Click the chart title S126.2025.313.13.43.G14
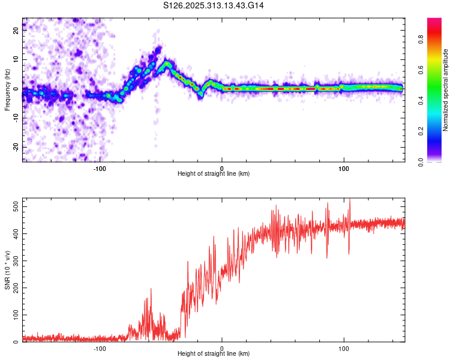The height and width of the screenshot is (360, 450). point(214,5)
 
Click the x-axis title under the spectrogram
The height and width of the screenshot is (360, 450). point(214,174)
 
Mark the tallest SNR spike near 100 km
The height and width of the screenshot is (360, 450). point(349,200)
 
